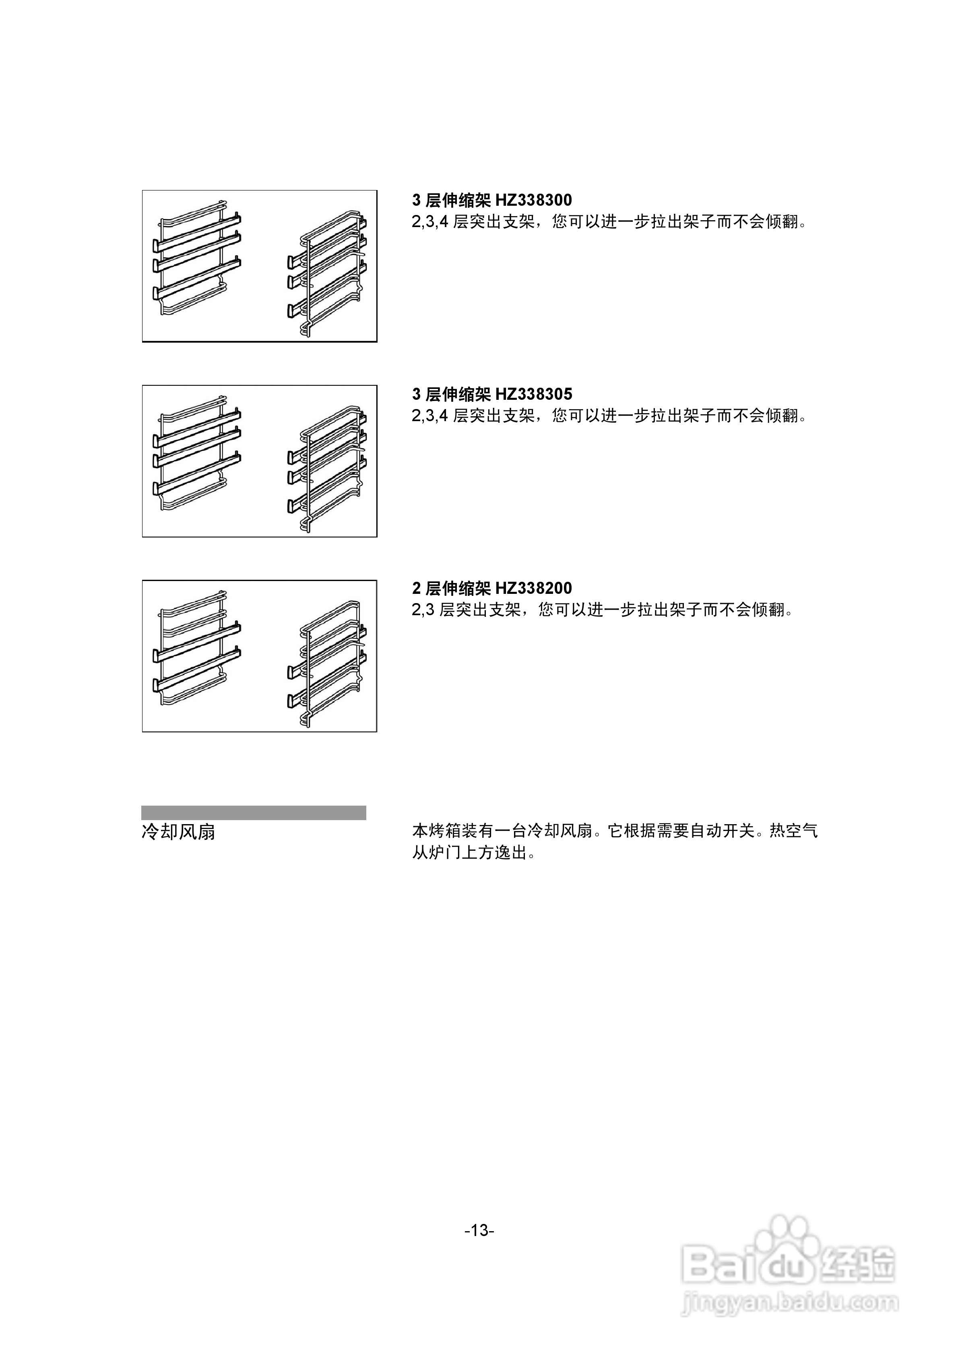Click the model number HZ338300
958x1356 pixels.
[533, 200]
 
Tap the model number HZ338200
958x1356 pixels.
[533, 588]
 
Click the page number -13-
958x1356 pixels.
[479, 1231]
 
